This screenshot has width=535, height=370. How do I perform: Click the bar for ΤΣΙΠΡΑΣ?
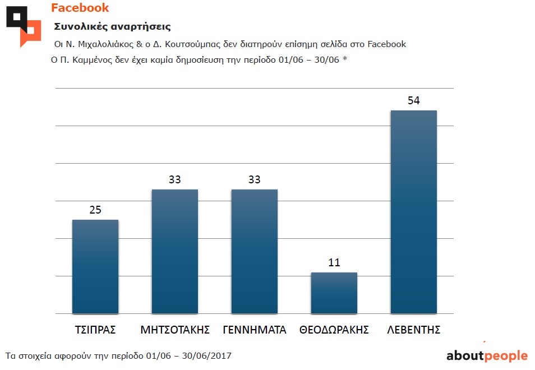coord(95,266)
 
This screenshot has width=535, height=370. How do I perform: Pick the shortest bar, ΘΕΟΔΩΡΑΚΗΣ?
coord(334,293)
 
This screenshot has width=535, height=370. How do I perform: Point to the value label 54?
coord(414,101)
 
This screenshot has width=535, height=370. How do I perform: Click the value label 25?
coord(95,210)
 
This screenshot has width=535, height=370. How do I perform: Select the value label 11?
coord(334,263)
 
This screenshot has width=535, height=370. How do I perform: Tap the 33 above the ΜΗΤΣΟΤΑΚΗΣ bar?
coord(175,180)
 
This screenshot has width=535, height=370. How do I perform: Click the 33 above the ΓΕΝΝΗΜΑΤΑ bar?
coord(255,180)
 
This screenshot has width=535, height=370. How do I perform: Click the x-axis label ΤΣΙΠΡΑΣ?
coord(95,330)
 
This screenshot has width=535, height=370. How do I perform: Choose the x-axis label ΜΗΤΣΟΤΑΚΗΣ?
coord(175,330)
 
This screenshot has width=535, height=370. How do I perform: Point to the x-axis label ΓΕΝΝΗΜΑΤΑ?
coord(255,330)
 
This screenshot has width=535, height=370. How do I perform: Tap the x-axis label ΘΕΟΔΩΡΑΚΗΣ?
coord(334,330)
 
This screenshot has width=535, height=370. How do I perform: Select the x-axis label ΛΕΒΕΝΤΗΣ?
coord(414,330)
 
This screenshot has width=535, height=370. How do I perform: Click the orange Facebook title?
coord(80,8)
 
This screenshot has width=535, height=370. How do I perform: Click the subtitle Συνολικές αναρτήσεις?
coord(112,26)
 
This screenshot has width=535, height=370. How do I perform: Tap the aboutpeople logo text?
coord(487,355)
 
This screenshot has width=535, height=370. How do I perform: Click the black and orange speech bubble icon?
coord(24,26)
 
